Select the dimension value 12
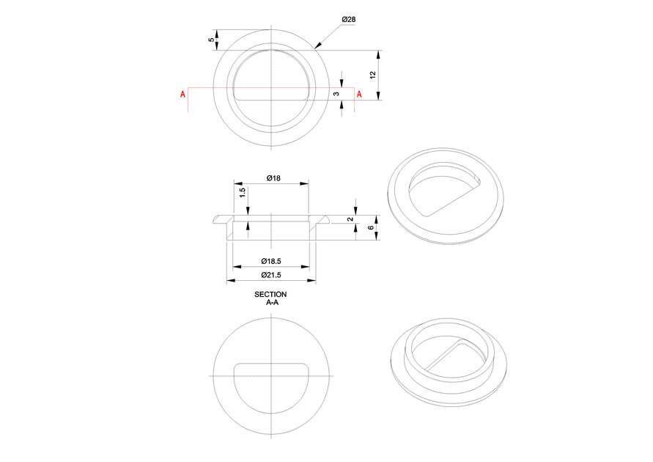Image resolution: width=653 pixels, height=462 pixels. [372, 76]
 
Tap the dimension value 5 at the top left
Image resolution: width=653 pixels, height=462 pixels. [212, 40]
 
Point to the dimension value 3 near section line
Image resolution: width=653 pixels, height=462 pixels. [336, 94]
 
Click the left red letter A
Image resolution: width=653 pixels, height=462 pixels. [182, 95]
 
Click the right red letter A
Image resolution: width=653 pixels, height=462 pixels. [359, 94]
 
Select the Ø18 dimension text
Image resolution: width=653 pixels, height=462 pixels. [270, 178]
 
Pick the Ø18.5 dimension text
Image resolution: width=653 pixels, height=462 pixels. [271, 262]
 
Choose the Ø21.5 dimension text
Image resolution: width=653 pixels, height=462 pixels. [271, 274]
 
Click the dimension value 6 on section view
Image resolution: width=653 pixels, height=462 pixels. [371, 227]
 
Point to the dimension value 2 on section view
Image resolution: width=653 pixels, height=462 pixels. [350, 219]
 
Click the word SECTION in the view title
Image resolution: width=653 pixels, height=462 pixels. [270, 294]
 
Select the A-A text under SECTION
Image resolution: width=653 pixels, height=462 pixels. [270, 301]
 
